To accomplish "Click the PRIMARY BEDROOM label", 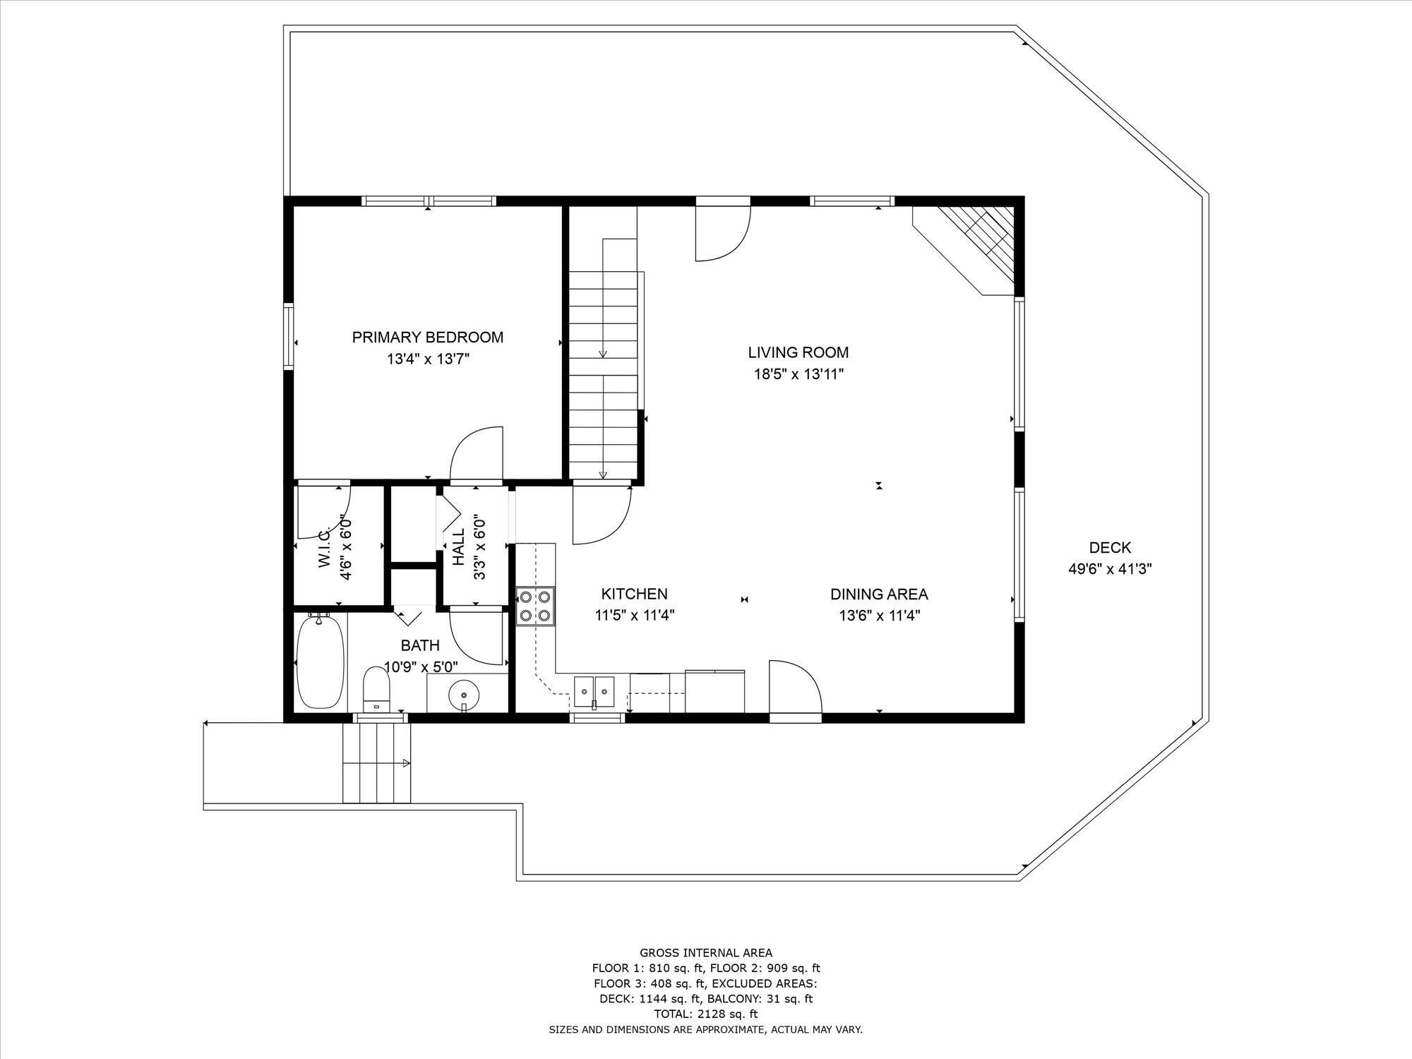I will coord(428,337).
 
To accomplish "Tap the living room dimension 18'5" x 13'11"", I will coord(798,374).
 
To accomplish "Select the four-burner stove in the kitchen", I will coord(535,606).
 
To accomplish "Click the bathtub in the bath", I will coord(320,662).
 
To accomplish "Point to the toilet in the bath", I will coord(376,689).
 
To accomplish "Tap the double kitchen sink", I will coord(594,690).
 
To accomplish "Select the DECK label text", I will coord(1110,547).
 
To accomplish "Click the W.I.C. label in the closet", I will coord(325,548).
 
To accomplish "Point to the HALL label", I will coord(459,546).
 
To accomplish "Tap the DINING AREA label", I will coord(879,594).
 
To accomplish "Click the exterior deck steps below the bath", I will coord(376,762).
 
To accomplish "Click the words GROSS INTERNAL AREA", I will coord(705,952).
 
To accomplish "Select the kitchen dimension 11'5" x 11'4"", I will coord(635,616).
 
